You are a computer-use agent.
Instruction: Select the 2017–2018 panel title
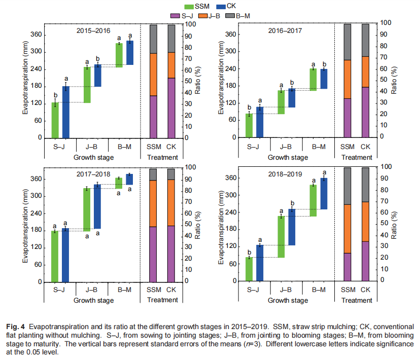(94, 174)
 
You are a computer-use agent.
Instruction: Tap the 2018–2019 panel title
(286, 174)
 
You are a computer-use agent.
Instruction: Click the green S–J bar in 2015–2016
(55, 120)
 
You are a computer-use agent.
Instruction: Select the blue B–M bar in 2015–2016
(130, 53)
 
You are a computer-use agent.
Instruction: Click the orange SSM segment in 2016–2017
(347, 79)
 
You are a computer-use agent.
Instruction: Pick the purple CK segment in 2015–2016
(171, 107)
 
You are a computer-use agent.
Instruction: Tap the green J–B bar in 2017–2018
(87, 209)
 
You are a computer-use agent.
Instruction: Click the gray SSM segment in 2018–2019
(347, 186)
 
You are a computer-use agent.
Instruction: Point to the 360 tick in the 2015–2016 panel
(37, 35)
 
